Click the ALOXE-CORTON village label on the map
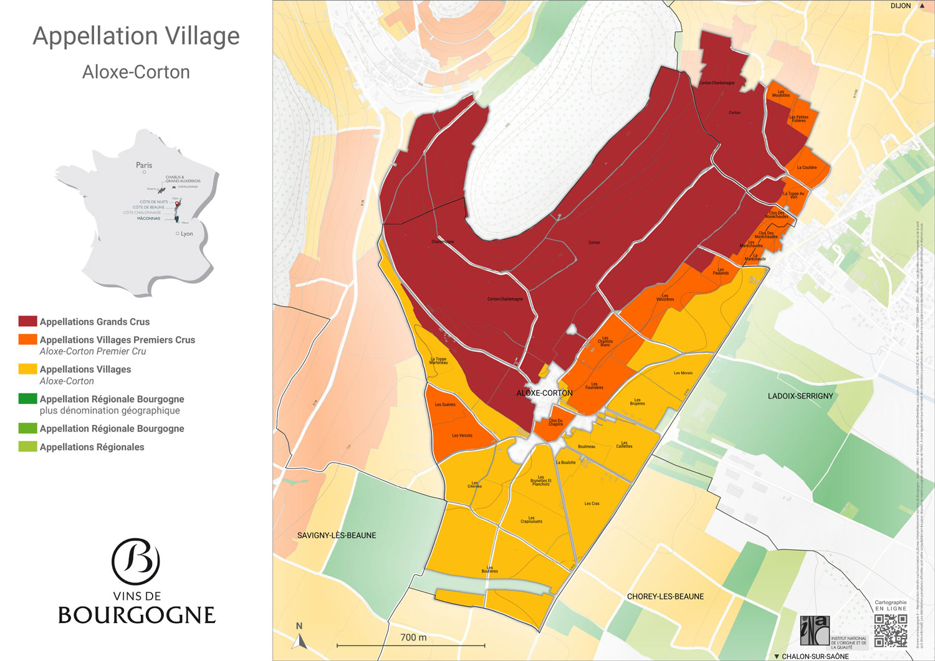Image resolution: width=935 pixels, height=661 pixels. [544, 393]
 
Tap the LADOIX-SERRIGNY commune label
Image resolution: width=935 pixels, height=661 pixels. [800, 396]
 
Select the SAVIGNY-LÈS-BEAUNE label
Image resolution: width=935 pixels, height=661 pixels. [337, 535]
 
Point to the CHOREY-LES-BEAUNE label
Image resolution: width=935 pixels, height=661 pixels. [665, 596]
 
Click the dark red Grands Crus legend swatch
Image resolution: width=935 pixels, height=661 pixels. [27, 321]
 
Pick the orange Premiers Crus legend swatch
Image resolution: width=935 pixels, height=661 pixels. [27, 339]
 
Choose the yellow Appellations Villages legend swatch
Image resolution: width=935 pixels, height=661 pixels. [27, 369]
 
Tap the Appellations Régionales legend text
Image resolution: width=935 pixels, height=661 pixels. [92, 447]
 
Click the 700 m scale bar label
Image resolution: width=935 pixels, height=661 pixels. [413, 637]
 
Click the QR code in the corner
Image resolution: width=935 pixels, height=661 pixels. [890, 630]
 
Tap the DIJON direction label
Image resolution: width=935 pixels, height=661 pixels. [901, 6]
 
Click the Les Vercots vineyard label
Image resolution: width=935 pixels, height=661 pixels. [462, 435]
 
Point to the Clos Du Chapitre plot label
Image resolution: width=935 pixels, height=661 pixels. [555, 422]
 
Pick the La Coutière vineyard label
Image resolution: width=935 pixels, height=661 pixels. [807, 167]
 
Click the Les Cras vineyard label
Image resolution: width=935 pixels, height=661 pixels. [592, 503]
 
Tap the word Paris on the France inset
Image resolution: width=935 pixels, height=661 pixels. [144, 165]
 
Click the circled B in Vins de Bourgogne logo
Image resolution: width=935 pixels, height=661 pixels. [136, 561]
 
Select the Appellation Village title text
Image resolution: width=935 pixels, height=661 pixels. [136, 36]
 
